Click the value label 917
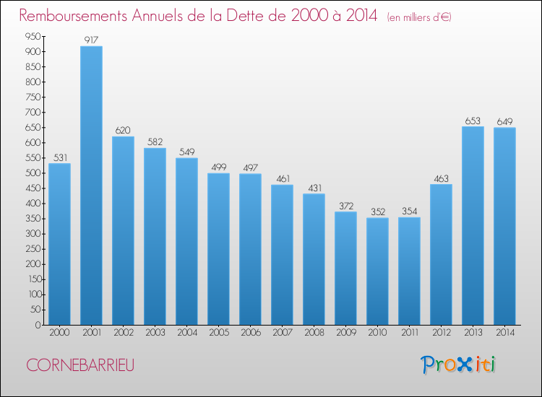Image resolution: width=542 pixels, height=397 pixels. (x=91, y=40)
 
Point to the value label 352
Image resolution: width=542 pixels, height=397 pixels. (x=377, y=211)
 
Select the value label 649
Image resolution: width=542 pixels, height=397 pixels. (x=504, y=121)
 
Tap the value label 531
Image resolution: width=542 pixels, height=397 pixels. (x=59, y=157)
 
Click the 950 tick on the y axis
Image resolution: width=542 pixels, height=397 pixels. (x=31, y=36)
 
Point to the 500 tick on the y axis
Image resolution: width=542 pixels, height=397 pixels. (x=31, y=173)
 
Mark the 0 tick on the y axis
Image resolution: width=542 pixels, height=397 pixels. (x=37, y=325)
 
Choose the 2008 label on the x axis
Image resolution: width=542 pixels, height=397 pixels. (x=314, y=333)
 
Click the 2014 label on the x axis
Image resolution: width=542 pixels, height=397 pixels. (x=504, y=333)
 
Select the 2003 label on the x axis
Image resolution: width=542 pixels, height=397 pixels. (x=155, y=333)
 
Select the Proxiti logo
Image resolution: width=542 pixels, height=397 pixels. (x=458, y=365)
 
